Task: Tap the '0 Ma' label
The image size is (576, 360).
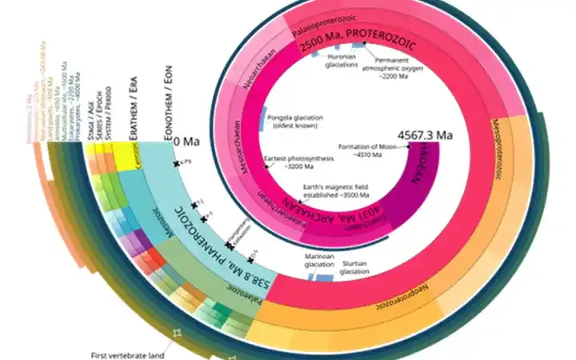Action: point(186,142)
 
